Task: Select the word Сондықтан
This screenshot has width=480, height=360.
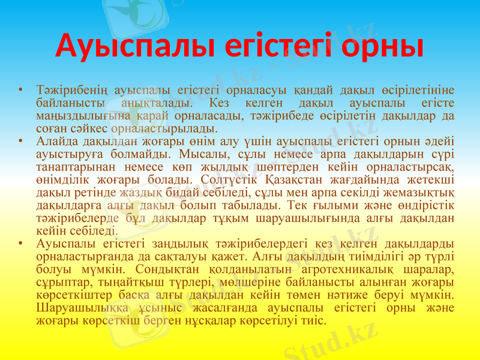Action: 167,269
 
